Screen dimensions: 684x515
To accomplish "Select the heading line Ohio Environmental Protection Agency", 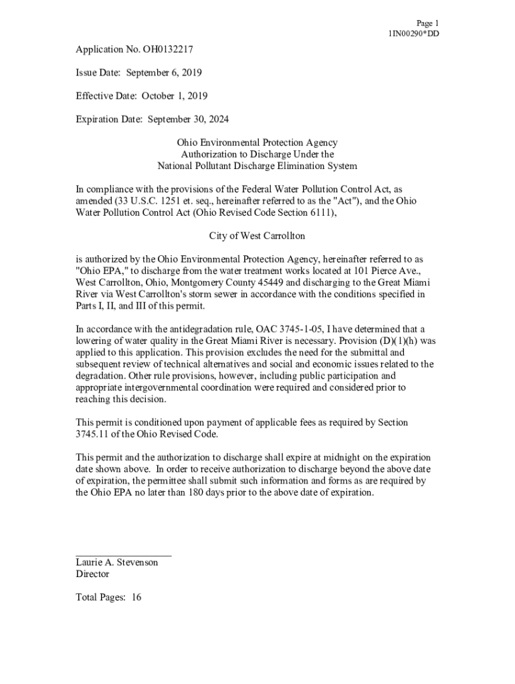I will [257, 142].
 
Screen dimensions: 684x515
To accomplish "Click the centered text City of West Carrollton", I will [257, 236].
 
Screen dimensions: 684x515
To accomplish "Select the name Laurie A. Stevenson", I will [117, 562].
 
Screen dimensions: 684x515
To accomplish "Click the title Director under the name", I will [92, 574].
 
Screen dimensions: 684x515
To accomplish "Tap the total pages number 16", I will [136, 597].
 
